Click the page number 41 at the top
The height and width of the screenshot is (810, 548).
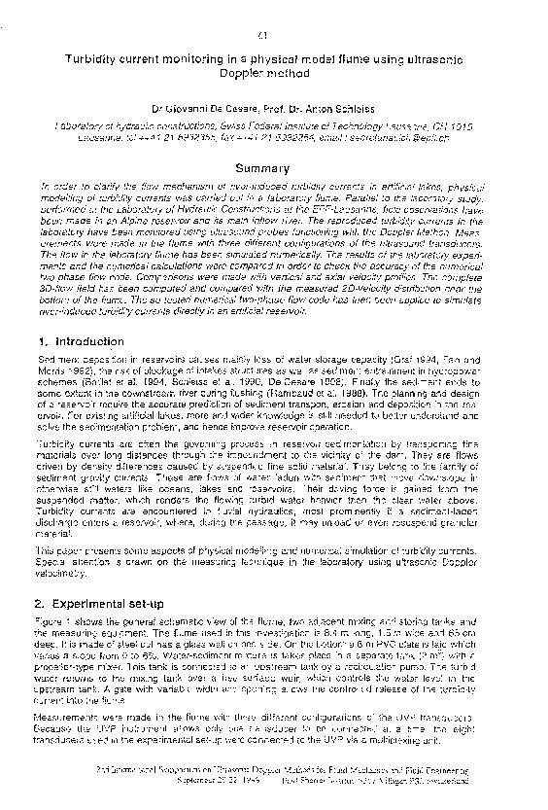(265, 37)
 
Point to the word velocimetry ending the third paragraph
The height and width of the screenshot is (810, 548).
(57, 571)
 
